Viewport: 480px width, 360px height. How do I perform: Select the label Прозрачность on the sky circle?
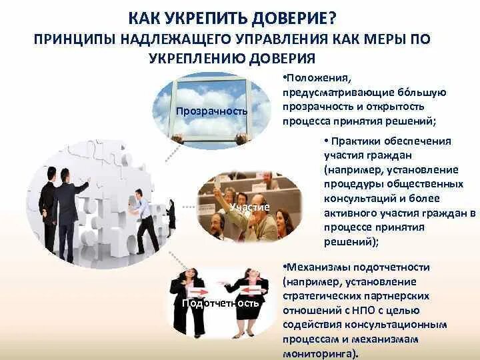(x=211, y=110)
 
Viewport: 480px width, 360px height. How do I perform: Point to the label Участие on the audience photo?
(x=249, y=207)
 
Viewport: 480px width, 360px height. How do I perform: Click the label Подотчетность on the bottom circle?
(x=221, y=303)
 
